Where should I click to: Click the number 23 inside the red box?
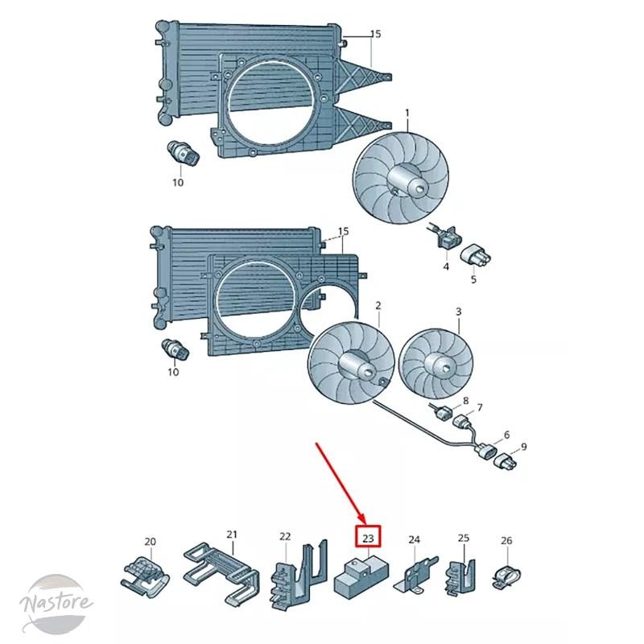pyautogui.click(x=368, y=537)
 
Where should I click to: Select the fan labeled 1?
pyautogui.click(x=400, y=180)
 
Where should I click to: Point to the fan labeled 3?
pyautogui.click(x=436, y=363)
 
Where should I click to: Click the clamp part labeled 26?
pyautogui.click(x=506, y=577)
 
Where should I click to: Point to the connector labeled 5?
pyautogui.click(x=476, y=257)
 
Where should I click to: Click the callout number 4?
pyautogui.click(x=446, y=266)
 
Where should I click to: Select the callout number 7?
pyautogui.click(x=479, y=407)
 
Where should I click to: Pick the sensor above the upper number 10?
pyautogui.click(x=184, y=154)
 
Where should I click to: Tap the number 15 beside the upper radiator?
pyautogui.click(x=375, y=34)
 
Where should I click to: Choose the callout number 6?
pyautogui.click(x=506, y=435)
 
